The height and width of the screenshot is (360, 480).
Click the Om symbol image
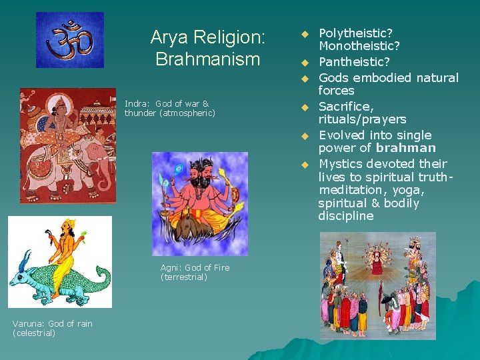69,39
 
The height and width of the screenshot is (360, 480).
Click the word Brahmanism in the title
207,59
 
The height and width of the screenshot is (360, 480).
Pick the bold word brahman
405,148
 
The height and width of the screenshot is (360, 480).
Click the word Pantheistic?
354,62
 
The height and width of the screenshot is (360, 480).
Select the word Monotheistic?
359,46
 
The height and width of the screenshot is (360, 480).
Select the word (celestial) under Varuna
34,333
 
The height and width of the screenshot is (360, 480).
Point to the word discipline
345,216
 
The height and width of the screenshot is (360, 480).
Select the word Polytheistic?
355,33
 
